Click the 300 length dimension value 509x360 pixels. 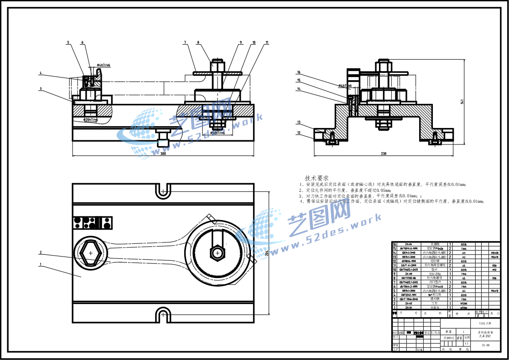coord(163,154)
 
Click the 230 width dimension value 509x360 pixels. coord(383,154)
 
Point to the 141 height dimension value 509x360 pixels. coord(462,101)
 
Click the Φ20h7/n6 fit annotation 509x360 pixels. coord(90,120)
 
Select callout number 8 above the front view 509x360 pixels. coord(198,43)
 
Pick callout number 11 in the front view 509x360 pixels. coord(266,43)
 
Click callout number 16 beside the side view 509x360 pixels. coord(299,72)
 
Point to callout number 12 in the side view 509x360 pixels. coord(299,133)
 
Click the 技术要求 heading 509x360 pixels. coord(317,178)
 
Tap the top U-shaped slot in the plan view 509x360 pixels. coord(163,192)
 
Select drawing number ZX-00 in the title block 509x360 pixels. coord(485,345)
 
